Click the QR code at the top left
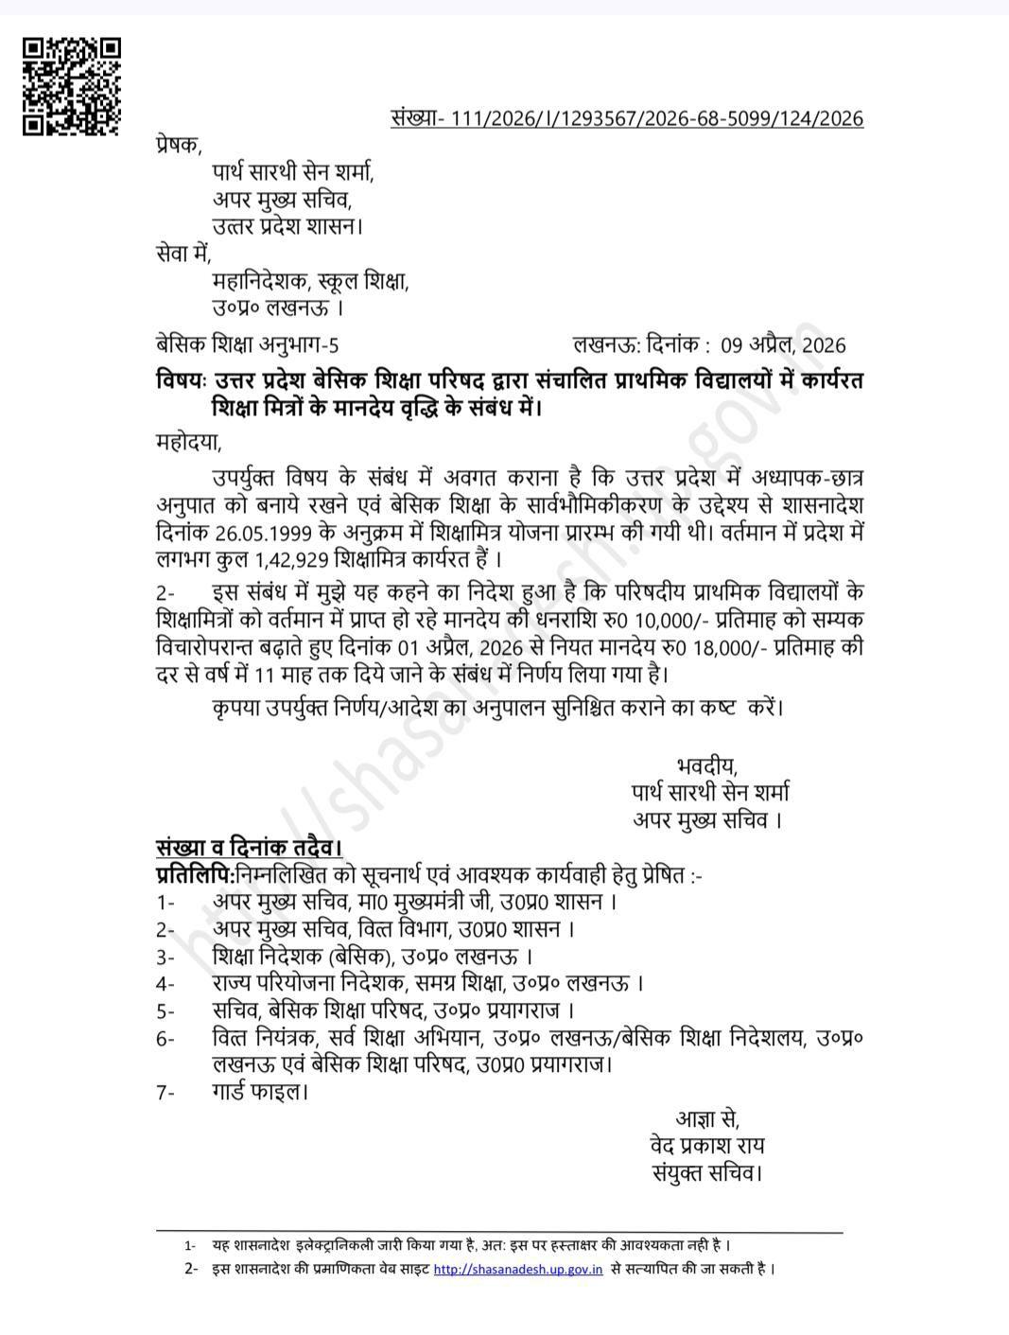click(72, 86)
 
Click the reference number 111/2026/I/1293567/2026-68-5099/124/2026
click(657, 117)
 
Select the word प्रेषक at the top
click(179, 145)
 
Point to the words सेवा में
click(183, 254)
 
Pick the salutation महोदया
click(188, 441)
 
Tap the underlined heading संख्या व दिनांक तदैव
click(249, 847)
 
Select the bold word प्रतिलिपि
click(195, 874)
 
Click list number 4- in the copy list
click(166, 983)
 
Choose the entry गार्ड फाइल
click(260, 1092)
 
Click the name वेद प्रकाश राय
click(707, 1146)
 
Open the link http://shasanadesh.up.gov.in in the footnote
click(518, 1269)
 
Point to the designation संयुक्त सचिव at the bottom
click(707, 1173)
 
